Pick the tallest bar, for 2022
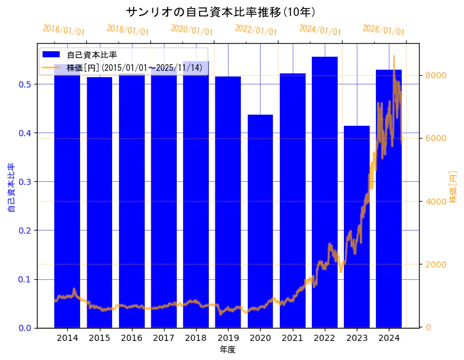325,192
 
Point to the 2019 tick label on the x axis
228,338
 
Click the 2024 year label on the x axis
389,338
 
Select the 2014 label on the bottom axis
67,338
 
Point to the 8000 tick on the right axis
438,75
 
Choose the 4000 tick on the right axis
438,202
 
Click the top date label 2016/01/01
64,30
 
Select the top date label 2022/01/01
256,30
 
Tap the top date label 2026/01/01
383,30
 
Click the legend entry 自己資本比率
92,55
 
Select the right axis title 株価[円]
453,187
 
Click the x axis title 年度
227,350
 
